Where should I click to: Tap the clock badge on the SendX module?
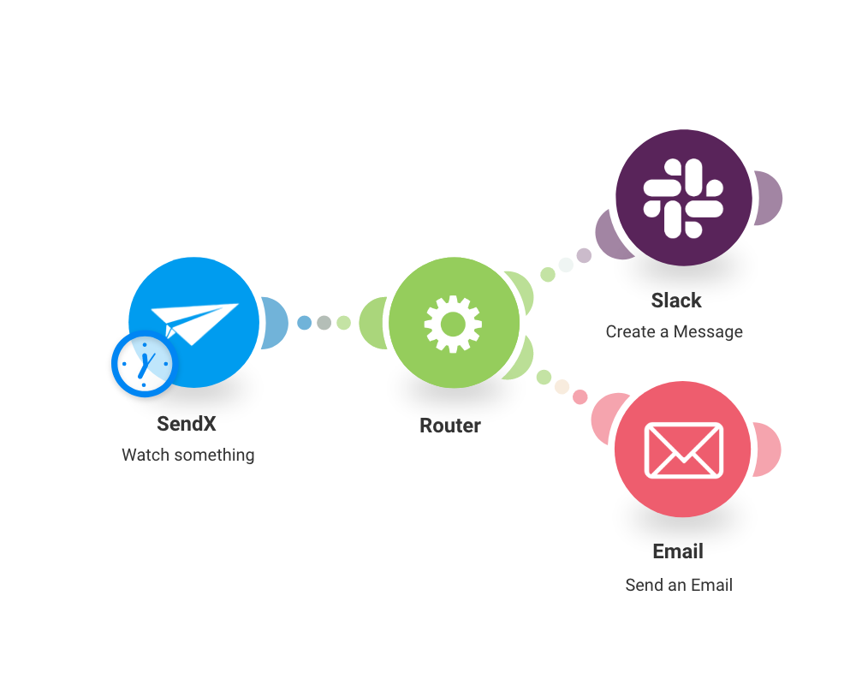click(x=143, y=363)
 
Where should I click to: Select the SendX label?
click(x=187, y=424)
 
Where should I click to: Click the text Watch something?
click(x=188, y=455)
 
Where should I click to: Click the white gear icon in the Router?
click(x=453, y=324)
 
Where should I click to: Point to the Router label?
click(x=450, y=426)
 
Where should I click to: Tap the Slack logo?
click(x=683, y=197)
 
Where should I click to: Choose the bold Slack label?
click(x=676, y=301)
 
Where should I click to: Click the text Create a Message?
click(x=675, y=331)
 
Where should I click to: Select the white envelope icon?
click(x=683, y=450)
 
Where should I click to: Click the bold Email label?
click(x=678, y=551)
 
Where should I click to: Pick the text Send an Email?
click(x=679, y=586)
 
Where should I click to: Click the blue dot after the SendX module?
click(x=304, y=323)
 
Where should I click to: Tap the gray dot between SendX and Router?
click(x=324, y=323)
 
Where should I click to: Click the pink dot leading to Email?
click(x=580, y=396)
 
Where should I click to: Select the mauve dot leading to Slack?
click(x=584, y=255)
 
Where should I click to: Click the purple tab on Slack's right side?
click(x=768, y=198)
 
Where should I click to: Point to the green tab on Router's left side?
click(x=373, y=323)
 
